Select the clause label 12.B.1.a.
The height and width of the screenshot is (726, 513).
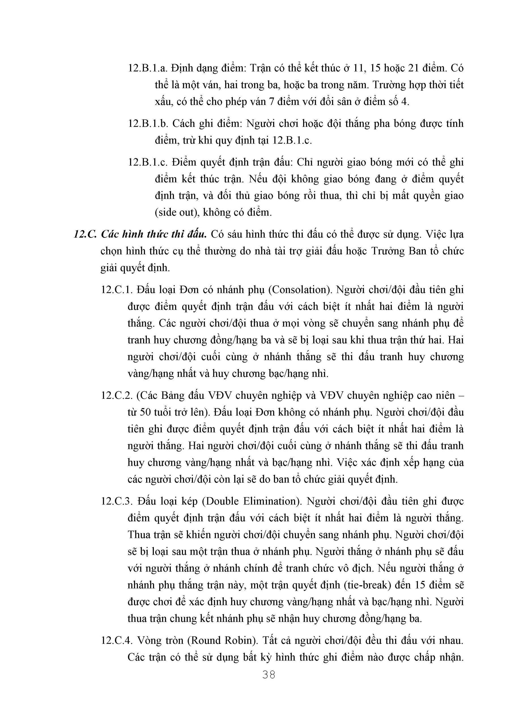(147, 68)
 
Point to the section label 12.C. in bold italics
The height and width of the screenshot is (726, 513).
(84, 235)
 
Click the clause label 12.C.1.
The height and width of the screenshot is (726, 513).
(117, 290)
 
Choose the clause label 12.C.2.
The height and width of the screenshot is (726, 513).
(117, 396)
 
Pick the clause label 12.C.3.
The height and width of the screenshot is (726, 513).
(117, 501)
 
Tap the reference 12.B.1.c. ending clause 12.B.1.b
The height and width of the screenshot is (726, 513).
(292, 140)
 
